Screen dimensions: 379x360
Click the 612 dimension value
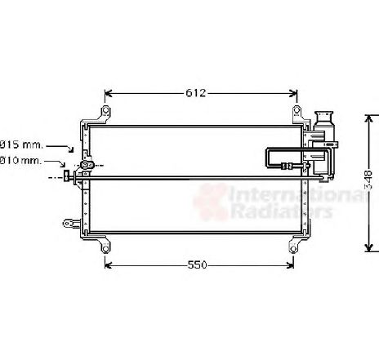click(x=196, y=93)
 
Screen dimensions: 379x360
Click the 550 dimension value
click(x=198, y=264)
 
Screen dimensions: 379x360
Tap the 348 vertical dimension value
click(x=368, y=180)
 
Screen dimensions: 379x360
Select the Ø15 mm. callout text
click(x=21, y=144)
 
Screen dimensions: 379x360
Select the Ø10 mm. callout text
click(x=21, y=161)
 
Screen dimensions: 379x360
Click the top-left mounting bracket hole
click(x=105, y=110)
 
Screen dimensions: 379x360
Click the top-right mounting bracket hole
click(x=297, y=110)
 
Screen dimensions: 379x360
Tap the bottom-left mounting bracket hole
click(x=105, y=248)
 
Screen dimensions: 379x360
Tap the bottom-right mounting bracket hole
click(x=293, y=248)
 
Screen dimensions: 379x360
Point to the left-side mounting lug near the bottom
click(x=71, y=224)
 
